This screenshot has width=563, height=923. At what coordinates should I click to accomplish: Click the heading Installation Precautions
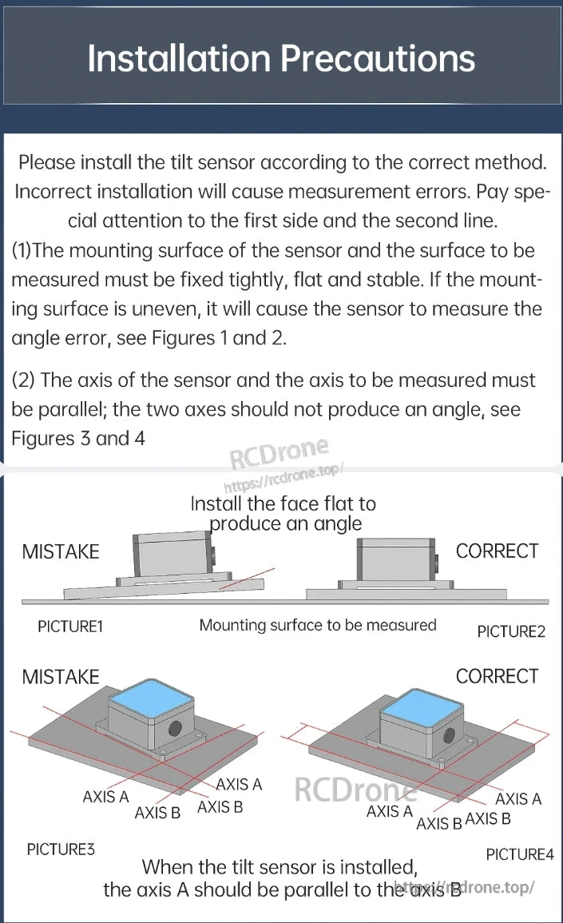pos(281,58)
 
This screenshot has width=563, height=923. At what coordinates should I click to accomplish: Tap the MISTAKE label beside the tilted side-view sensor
pos(61,551)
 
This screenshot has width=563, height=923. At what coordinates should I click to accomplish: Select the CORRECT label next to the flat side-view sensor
pos(497,551)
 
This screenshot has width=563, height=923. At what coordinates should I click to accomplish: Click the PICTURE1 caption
pos(70,627)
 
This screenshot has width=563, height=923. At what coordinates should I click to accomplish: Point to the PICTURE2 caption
pos(511,631)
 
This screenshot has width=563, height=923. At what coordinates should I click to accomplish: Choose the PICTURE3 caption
pos(61,849)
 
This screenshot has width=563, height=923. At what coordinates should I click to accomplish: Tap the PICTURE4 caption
pos(519,854)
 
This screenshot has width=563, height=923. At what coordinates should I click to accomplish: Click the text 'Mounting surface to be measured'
pos(318,625)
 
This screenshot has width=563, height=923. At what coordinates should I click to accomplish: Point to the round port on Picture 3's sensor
pos(174,728)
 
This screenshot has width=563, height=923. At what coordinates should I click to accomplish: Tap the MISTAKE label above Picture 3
pos(61,677)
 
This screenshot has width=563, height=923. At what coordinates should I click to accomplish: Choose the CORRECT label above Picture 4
pos(497,676)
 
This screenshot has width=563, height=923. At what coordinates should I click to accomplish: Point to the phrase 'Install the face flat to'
pos(283,503)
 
